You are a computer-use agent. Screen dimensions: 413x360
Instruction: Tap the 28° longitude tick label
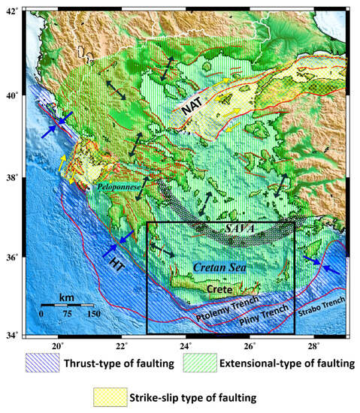point(314,346)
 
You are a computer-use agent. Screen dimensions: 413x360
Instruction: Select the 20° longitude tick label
point(58,346)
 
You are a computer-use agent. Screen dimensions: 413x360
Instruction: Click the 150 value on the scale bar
point(93,312)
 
